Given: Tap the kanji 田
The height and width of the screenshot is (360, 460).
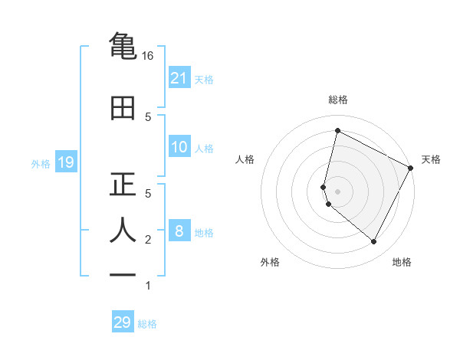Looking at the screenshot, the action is pyautogui.click(x=123, y=108).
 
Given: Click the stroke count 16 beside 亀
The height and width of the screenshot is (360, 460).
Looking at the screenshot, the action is pyautogui.click(x=148, y=56).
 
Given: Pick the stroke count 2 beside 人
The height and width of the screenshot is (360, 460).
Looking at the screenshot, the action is pyautogui.click(x=148, y=240).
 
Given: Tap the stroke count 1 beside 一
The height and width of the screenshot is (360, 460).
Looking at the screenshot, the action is pyautogui.click(x=148, y=286).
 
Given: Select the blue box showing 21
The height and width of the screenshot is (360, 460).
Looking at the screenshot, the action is pyautogui.click(x=179, y=78).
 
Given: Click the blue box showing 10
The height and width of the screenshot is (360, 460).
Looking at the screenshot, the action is pyautogui.click(x=179, y=147).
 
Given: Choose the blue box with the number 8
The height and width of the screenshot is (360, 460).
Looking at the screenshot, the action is pyautogui.click(x=179, y=231).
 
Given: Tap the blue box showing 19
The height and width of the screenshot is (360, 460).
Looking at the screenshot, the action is pyautogui.click(x=65, y=162).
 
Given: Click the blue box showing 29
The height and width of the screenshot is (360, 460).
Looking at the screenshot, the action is pyautogui.click(x=123, y=322).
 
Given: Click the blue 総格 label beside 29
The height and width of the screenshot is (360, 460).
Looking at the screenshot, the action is pyautogui.click(x=147, y=324).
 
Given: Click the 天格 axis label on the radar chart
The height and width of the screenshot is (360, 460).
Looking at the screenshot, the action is pyautogui.click(x=431, y=159).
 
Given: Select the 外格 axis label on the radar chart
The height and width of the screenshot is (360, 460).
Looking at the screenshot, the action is pyautogui.click(x=269, y=262).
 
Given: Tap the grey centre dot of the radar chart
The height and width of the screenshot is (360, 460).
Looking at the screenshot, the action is pyautogui.click(x=337, y=191).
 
